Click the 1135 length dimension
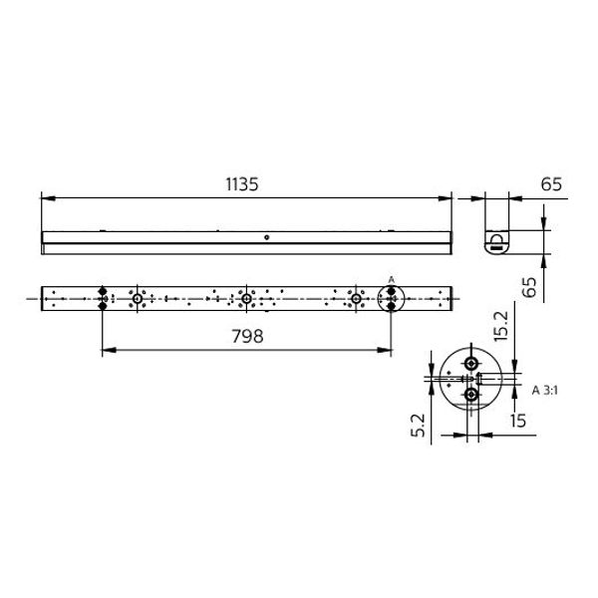[242, 183]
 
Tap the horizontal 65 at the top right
[552, 183]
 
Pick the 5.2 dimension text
[420, 426]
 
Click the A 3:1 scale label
[548, 389]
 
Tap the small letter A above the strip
[391, 279]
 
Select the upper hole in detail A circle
[470, 363]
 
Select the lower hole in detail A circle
[471, 396]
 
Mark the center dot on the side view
[266, 238]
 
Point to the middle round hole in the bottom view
[245, 299]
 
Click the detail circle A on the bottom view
[392, 299]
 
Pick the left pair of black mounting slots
[103, 299]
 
